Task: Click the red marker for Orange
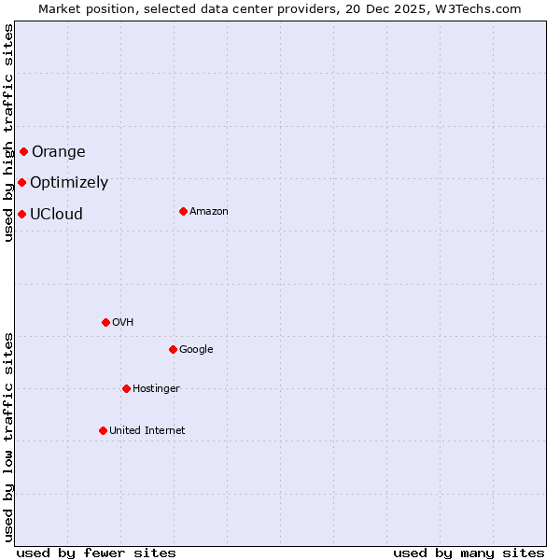pos(23,151)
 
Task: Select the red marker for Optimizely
pos(21,182)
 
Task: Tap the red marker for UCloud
pos(21,214)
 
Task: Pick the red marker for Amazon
pos(183,211)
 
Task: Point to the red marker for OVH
pos(105,322)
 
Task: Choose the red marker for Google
pos(173,349)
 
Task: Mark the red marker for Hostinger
pos(126,388)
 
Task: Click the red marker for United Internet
pos(103,430)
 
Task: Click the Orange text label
pos(58,152)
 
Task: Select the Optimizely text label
pos(69,183)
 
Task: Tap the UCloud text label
pos(56,214)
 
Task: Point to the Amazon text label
pos(209,212)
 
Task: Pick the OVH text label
pos(122,323)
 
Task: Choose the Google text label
pos(196,350)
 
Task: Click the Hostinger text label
pos(156,389)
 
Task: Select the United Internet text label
pos(147,431)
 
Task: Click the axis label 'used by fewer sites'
pos(96,553)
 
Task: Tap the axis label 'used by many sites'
pos(469,553)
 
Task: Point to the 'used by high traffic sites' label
pos(8,133)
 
